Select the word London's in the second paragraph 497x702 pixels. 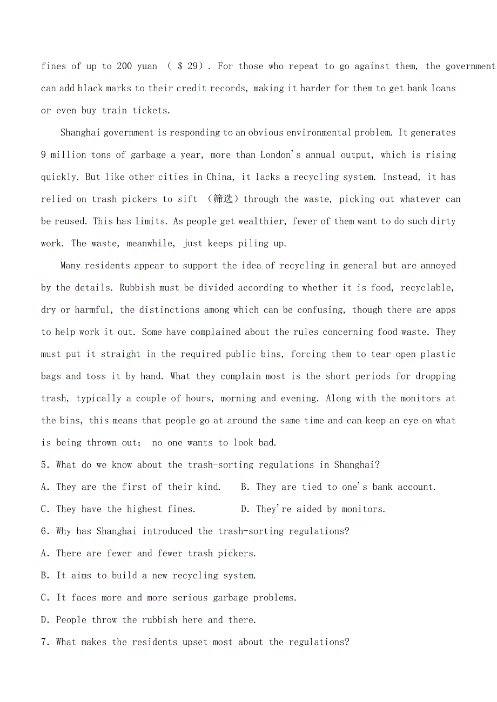click(280, 155)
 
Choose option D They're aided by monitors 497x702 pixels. click(313, 509)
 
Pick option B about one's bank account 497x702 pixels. click(338, 487)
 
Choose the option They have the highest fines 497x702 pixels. click(118, 509)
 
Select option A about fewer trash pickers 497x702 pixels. click(149, 553)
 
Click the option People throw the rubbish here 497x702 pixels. click(149, 620)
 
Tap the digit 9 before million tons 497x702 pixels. click(44, 155)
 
